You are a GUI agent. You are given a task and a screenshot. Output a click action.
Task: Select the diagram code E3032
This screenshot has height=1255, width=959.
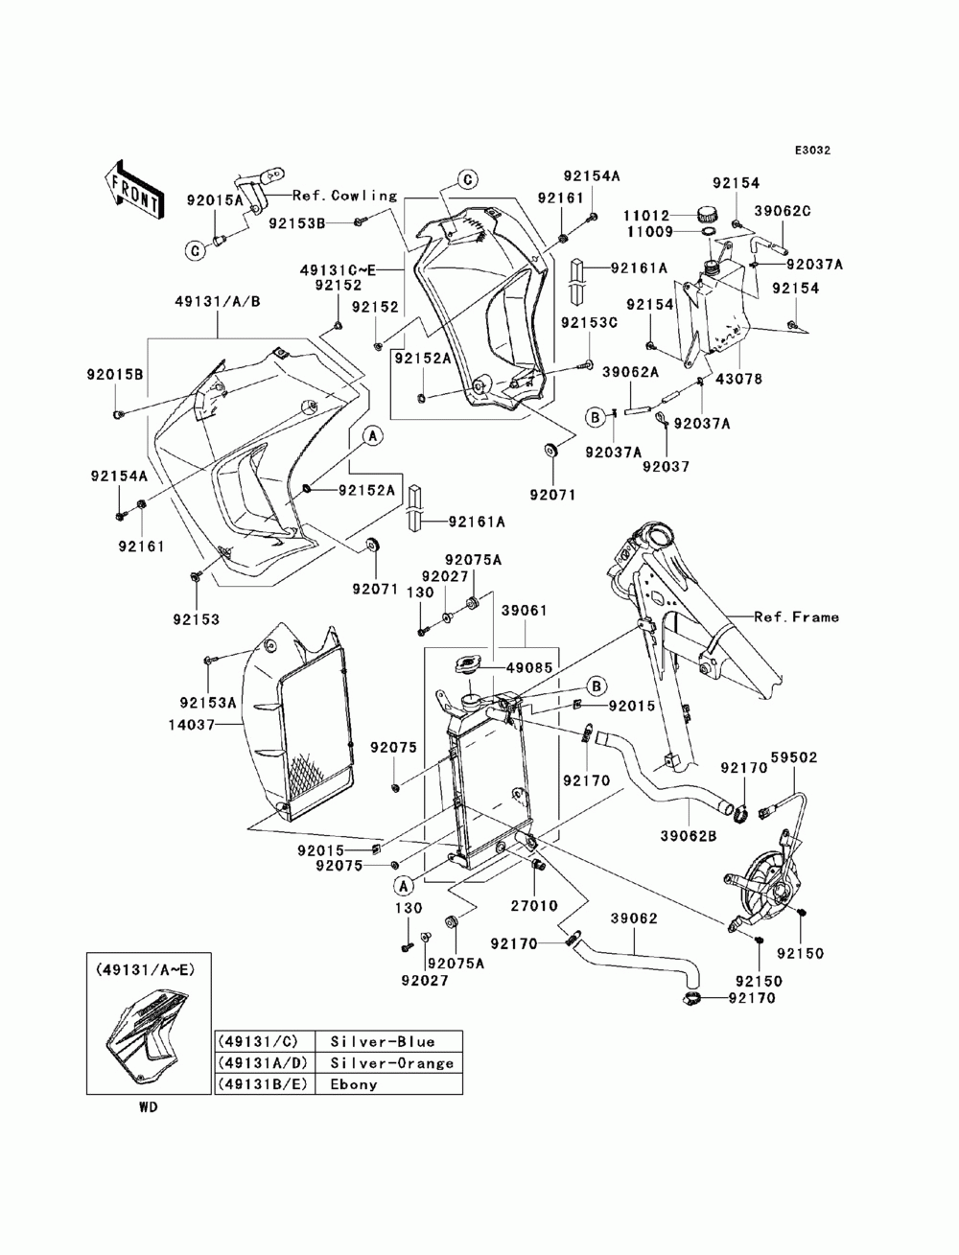[x=810, y=151]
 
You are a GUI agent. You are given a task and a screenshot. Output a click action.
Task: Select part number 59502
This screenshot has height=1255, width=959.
[x=795, y=757]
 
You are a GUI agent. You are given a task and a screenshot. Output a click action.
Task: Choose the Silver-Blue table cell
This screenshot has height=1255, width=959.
[x=383, y=1042]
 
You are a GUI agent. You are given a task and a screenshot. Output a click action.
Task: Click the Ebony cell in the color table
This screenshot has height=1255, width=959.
[x=354, y=1084]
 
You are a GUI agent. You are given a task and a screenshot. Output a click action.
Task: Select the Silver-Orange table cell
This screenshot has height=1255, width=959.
[x=391, y=1063]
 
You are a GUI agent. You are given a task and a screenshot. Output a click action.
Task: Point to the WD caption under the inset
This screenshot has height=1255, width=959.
[x=148, y=1106]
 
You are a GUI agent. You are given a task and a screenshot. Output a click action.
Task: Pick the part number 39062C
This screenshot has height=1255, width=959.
[x=783, y=210]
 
